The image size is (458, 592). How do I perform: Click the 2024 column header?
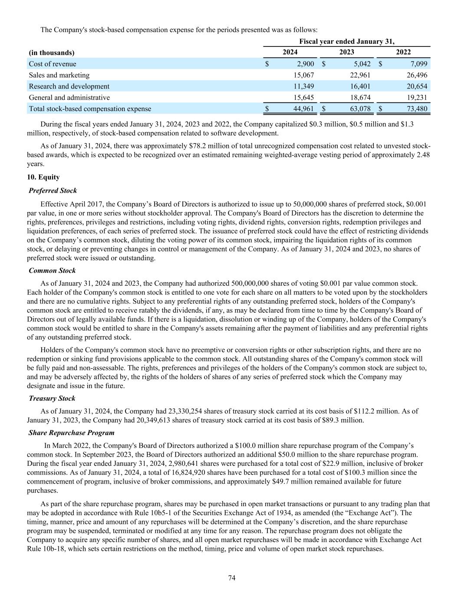[290, 52]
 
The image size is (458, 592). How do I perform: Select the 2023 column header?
[346, 52]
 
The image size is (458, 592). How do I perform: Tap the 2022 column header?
[403, 52]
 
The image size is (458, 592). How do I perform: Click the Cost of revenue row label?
[53, 64]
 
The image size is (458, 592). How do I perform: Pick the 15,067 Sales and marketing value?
[304, 75]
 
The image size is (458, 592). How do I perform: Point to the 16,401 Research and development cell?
[360, 86]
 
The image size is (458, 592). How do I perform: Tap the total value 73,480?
[416, 109]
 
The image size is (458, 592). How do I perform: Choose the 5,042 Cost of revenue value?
[362, 64]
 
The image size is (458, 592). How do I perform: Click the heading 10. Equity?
[43, 177]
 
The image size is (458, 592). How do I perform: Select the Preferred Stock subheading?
[53, 190]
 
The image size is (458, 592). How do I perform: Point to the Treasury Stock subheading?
[52, 398]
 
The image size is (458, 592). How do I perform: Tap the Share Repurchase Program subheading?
[72, 432]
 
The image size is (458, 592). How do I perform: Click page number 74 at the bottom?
[232, 578]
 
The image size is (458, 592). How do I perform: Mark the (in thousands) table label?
[52, 52]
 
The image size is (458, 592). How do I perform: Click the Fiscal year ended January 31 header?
[347, 42]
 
